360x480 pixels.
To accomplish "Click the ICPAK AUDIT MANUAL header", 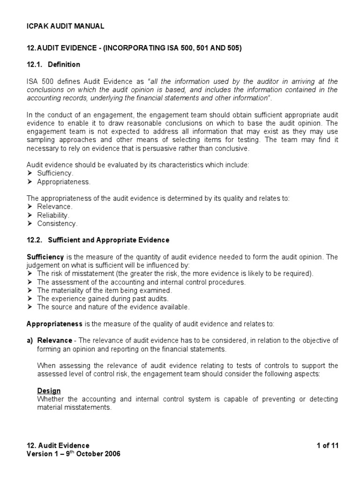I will point(65,26).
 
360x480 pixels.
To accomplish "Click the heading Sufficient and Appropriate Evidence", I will point(109,240).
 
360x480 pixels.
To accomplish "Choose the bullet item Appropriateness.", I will point(64,181).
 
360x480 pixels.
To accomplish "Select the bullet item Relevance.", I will point(54,207).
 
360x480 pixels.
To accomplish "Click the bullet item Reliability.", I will point(53,215).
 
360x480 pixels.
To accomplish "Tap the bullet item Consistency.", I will point(57,224).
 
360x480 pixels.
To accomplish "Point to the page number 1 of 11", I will point(327,445).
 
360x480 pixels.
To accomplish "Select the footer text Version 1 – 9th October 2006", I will point(74,454).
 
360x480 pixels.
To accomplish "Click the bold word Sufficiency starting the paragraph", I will point(45,257).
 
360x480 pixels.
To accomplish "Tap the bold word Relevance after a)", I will point(55,340).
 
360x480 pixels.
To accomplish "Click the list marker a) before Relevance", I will point(30,340).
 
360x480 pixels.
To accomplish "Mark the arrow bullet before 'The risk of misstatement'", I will point(30,274).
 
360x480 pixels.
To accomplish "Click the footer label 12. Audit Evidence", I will point(58,445).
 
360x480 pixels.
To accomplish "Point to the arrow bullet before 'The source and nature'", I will point(30,307).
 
